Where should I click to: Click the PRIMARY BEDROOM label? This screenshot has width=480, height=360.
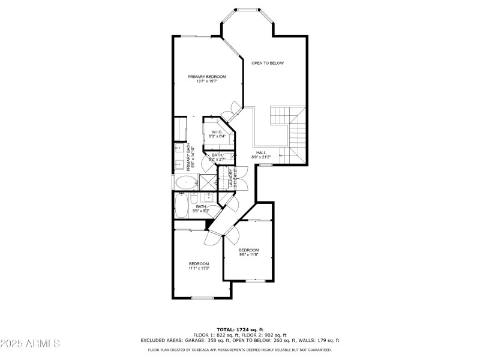pos(206,77)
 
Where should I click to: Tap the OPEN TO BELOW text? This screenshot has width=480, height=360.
pos(268,63)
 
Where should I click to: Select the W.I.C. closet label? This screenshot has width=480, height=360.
pos(217,132)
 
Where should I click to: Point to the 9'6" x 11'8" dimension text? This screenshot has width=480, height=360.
pos(248,255)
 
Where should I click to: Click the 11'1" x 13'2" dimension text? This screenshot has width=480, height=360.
pos(199,269)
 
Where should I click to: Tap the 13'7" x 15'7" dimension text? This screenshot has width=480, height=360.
pos(206,82)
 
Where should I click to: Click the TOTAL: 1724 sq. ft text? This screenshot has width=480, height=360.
pos(240,330)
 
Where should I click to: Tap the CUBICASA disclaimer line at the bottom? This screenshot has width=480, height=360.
pos(240,350)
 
